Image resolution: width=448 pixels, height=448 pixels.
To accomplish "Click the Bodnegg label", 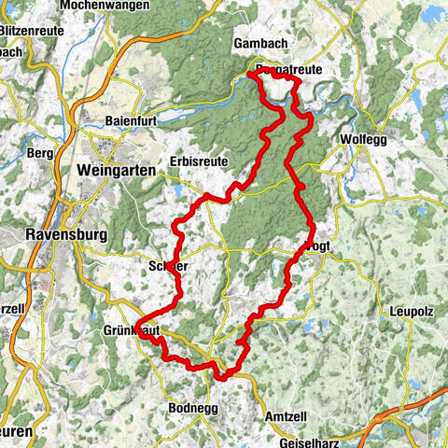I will (x=193, y=408).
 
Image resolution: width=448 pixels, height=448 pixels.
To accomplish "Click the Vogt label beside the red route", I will (x=320, y=247).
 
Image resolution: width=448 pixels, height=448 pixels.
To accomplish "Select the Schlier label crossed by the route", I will (x=168, y=267).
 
